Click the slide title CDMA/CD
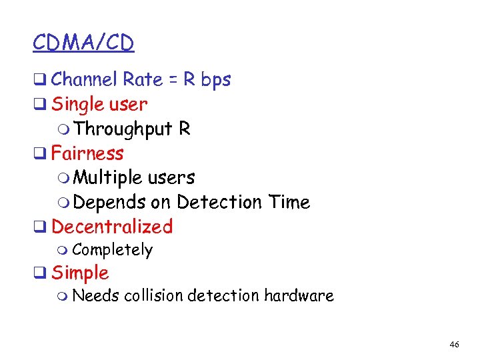click(83, 43)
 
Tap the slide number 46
click(455, 345)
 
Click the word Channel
click(85, 79)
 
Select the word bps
click(216, 80)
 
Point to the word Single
click(77, 104)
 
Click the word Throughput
click(123, 129)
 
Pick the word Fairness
click(87, 153)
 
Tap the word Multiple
click(108, 178)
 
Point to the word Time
click(289, 202)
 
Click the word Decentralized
click(112, 227)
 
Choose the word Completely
click(113, 251)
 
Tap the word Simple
click(80, 273)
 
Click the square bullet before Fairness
click(39, 154)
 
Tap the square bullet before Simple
click(39, 273)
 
